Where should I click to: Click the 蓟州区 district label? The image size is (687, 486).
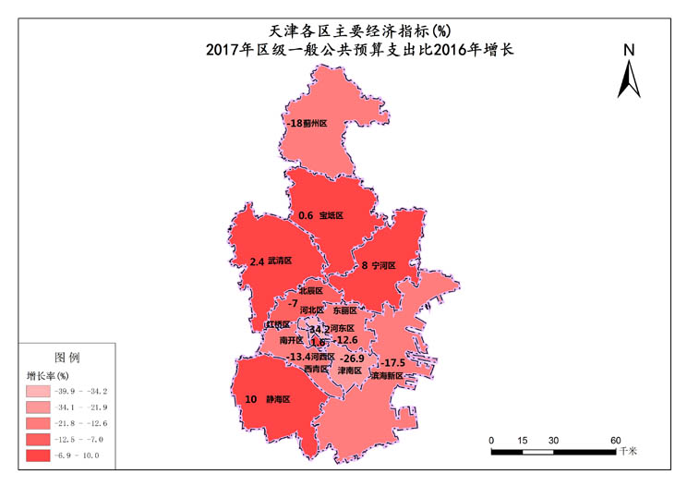(x=316, y=123)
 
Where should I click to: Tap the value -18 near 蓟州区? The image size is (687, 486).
(x=294, y=123)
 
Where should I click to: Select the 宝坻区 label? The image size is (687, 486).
(x=331, y=215)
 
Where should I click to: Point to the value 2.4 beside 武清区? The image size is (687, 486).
(x=257, y=261)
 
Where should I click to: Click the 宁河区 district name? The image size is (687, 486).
(x=383, y=265)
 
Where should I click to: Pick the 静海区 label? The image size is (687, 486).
(x=278, y=400)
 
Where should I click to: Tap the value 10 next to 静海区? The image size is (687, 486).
(x=250, y=400)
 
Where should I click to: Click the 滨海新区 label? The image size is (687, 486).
(x=386, y=376)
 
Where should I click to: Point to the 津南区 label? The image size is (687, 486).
(x=349, y=371)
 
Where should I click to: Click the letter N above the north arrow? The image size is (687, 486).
(x=628, y=50)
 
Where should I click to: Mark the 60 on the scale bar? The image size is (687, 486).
(x=615, y=440)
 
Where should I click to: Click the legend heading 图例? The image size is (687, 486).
(x=67, y=357)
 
